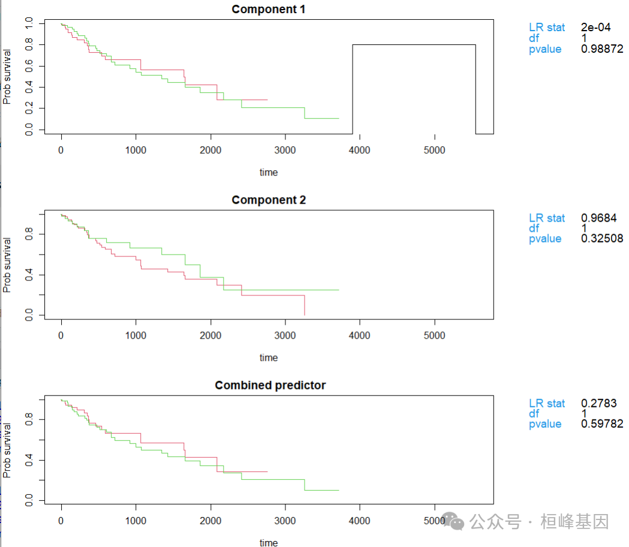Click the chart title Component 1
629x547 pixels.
[x=269, y=9]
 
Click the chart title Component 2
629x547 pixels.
[x=269, y=200]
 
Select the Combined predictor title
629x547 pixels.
[x=270, y=385]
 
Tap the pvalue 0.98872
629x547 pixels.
[x=602, y=49]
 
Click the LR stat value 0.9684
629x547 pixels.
[x=598, y=218]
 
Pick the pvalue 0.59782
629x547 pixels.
[x=602, y=424]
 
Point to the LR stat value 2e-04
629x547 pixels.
[x=595, y=27]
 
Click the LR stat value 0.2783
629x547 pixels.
[x=598, y=403]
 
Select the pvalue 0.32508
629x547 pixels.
[x=602, y=238]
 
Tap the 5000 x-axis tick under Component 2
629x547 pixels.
[x=434, y=336]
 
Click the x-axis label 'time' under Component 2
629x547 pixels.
[x=269, y=358]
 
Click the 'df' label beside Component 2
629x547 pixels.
[x=534, y=228]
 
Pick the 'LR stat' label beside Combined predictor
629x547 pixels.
[x=546, y=403]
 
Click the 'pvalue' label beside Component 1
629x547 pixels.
[x=544, y=49]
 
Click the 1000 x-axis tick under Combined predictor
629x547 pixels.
[x=136, y=521]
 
